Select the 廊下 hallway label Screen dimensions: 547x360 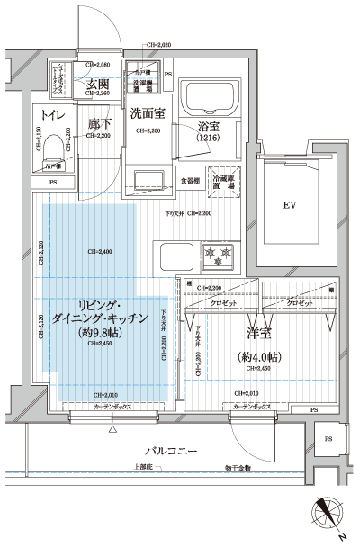click(100, 123)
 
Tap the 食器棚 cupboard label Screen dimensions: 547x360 click(189, 179)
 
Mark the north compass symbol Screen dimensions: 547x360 click(329, 516)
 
